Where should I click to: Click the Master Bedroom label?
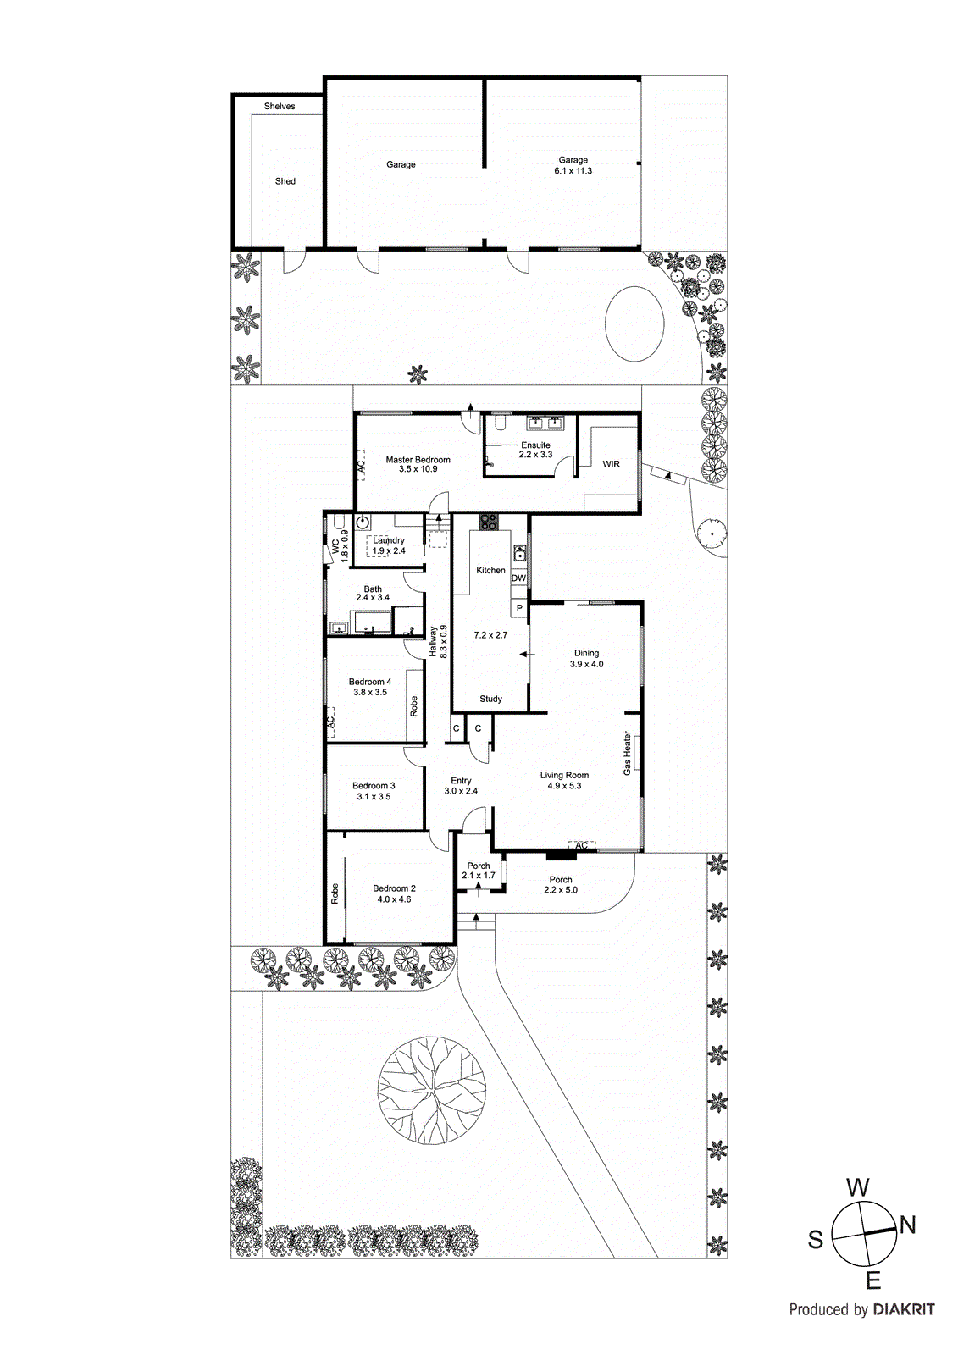(418, 464)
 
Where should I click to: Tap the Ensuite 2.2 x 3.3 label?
(535, 450)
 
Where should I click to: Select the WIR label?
(611, 464)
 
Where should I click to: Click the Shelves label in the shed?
(280, 106)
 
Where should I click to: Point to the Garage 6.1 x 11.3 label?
(573, 165)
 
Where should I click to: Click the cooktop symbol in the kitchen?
(487, 523)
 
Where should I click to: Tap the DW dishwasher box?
(518, 578)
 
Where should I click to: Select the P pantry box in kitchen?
(518, 608)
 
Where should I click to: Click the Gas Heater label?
(628, 753)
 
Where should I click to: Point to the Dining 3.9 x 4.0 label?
(586, 658)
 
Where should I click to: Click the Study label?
(490, 699)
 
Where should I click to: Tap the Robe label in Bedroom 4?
(414, 705)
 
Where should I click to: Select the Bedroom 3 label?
(374, 791)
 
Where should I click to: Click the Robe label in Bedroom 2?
(335, 893)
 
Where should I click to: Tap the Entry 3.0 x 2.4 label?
(461, 786)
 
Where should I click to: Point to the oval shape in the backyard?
(634, 323)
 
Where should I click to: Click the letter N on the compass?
(907, 1225)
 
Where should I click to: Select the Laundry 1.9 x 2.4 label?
(389, 545)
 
